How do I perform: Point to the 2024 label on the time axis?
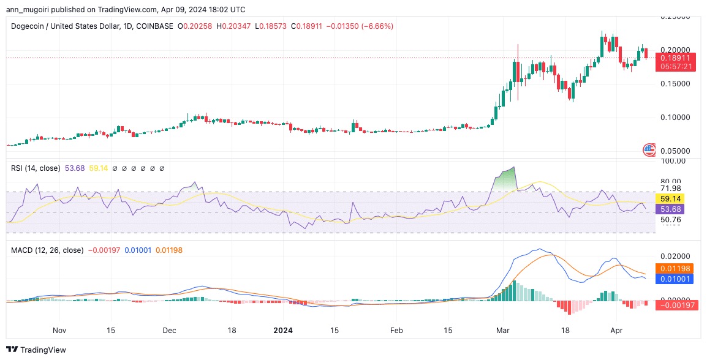282,330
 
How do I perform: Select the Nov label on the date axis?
59,330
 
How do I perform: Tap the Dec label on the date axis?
169,330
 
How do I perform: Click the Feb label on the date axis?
396,330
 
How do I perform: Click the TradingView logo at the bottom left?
36,350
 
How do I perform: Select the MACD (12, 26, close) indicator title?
47,250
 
